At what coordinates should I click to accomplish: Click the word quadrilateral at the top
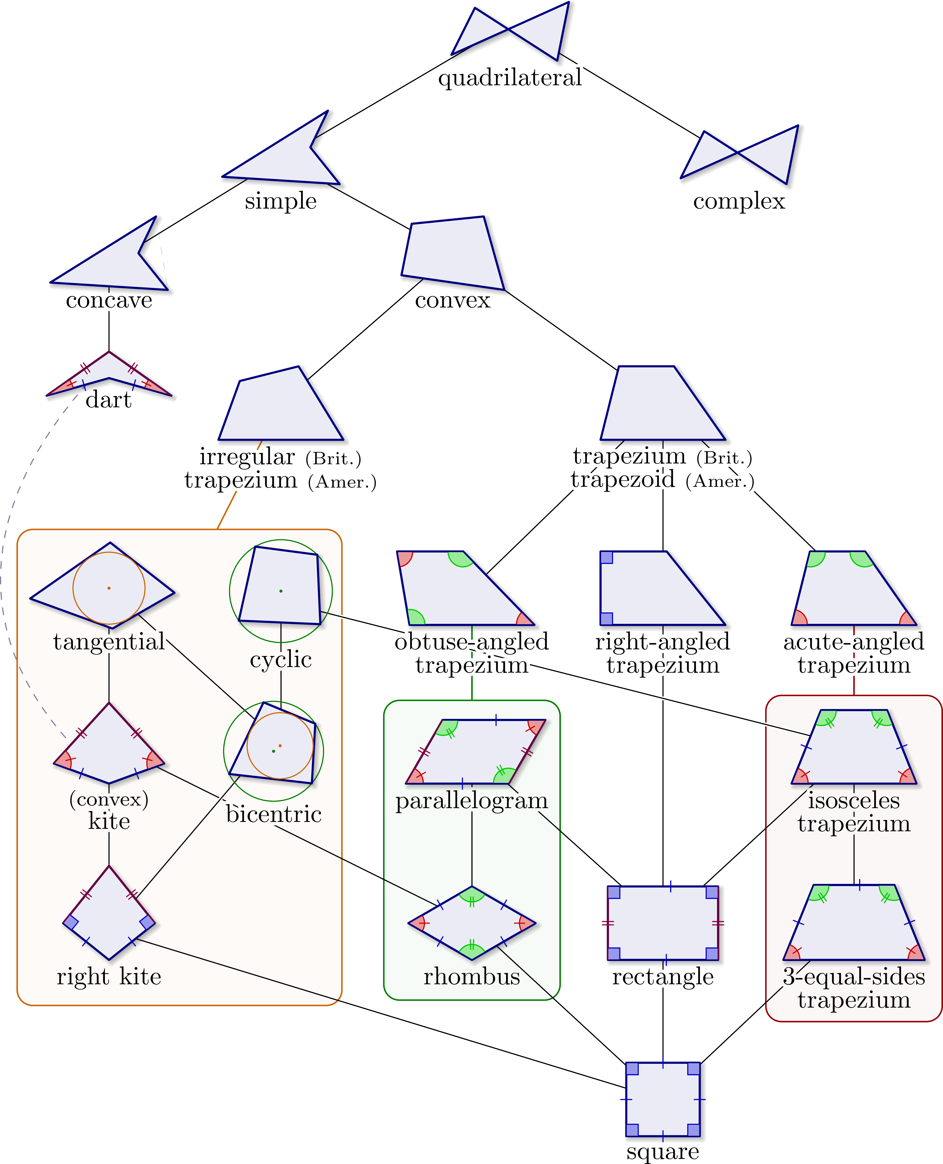(509, 78)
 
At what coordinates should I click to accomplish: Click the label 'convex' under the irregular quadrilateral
(453, 300)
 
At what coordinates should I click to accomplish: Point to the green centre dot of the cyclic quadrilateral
(281, 591)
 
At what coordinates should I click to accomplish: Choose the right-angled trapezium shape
(652, 589)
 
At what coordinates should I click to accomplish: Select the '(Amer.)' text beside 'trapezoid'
(720, 481)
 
